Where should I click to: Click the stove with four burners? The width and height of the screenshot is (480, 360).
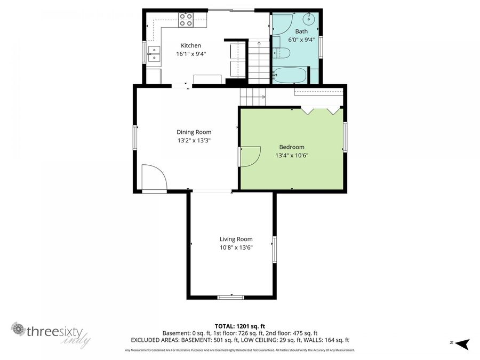coord(186,20)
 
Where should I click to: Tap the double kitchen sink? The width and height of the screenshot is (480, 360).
coord(154,54)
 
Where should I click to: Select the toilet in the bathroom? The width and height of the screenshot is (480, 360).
coord(282,53)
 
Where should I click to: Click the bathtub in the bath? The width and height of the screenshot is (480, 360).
coord(290,75)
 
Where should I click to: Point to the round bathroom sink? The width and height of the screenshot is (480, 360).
coord(309,19)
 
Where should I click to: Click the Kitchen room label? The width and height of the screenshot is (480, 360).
coord(191,45)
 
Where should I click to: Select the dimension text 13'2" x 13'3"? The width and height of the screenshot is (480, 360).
coord(194,141)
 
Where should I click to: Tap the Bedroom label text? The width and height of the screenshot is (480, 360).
coord(292,147)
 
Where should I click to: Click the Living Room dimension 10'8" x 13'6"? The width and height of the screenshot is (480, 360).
coord(236,247)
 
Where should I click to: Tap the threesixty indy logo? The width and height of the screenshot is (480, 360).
coord(51,333)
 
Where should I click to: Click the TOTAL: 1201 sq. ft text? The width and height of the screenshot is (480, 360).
coord(240,325)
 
